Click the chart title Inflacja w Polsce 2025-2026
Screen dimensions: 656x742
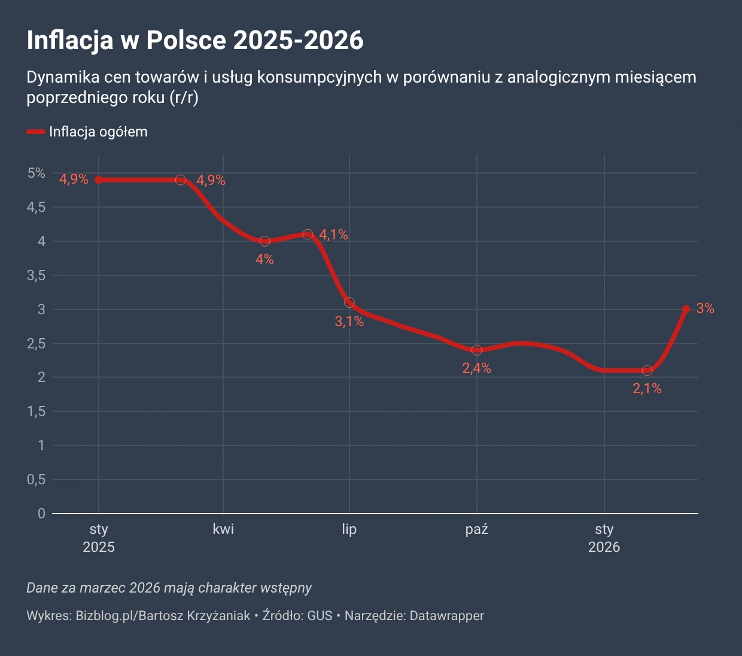click(x=195, y=40)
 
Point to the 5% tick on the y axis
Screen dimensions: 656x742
click(x=36, y=173)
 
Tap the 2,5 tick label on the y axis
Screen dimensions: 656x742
click(x=36, y=344)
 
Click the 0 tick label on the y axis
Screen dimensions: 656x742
click(x=41, y=514)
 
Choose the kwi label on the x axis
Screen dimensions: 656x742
click(x=223, y=529)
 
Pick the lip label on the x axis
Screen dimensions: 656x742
click(x=349, y=529)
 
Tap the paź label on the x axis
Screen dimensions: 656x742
click(x=477, y=529)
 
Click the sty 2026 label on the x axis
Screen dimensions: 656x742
click(x=604, y=537)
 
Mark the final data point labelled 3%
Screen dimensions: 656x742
click(x=686, y=309)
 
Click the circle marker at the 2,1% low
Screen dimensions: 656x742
click(x=647, y=370)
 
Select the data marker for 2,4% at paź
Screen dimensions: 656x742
click(x=477, y=350)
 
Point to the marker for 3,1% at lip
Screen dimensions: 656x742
click(x=349, y=302)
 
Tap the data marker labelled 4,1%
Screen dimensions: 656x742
click(x=308, y=235)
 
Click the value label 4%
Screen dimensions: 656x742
click(x=264, y=259)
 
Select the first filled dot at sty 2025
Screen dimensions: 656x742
click(x=99, y=180)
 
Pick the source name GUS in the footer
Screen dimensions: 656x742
click(x=320, y=615)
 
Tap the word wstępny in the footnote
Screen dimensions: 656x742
click(x=286, y=588)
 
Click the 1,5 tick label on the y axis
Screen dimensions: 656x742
click(x=36, y=411)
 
